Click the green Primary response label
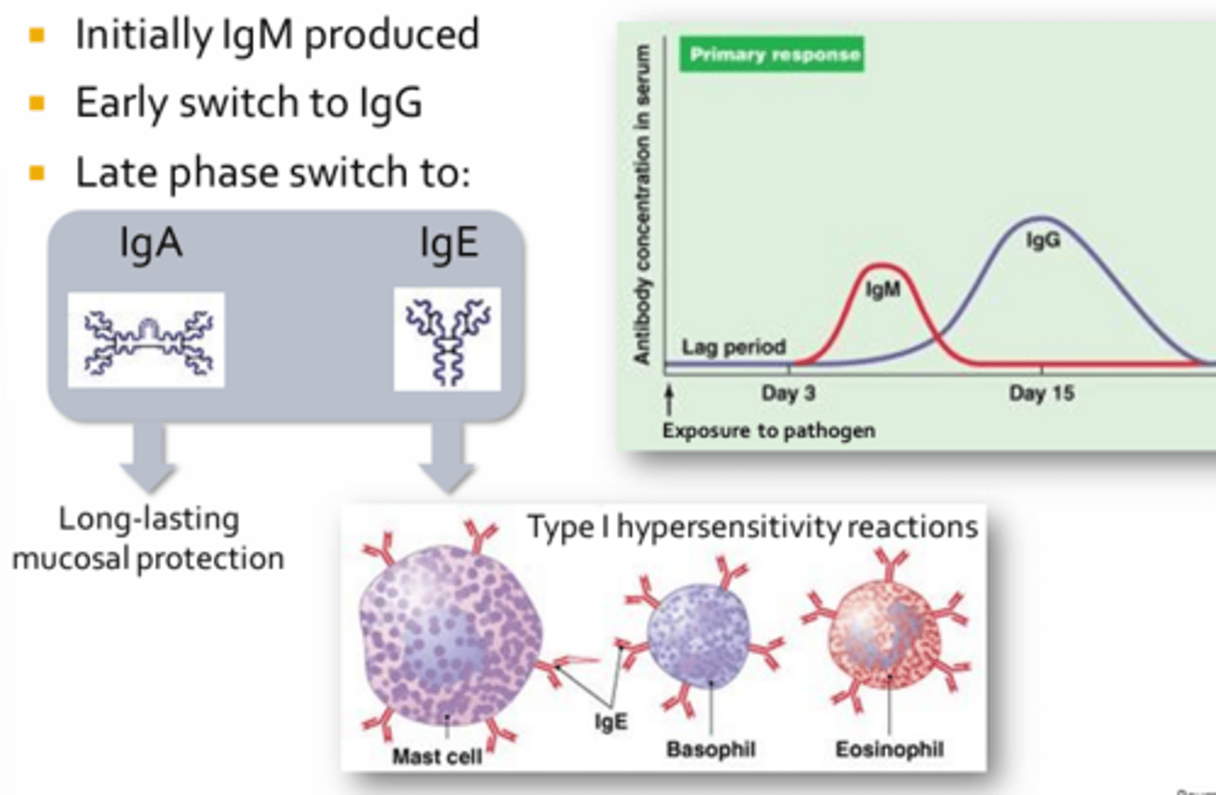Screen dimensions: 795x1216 click(773, 55)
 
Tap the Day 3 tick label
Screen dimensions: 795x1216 click(788, 393)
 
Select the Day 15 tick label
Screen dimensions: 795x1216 click(1041, 393)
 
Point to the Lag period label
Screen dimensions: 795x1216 click(733, 346)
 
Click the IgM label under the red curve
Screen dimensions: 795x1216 click(882, 290)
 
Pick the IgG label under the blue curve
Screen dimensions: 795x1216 click(1043, 240)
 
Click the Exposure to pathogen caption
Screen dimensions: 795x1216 click(768, 431)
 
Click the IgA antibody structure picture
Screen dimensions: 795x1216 click(146, 340)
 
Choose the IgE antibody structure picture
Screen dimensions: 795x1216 click(448, 339)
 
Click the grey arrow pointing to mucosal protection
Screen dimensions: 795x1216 click(148, 456)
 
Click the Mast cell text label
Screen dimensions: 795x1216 click(437, 756)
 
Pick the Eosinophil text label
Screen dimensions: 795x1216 click(889, 749)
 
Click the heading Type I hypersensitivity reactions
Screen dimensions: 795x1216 click(752, 527)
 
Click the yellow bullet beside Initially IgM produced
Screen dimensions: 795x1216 click(36, 35)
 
